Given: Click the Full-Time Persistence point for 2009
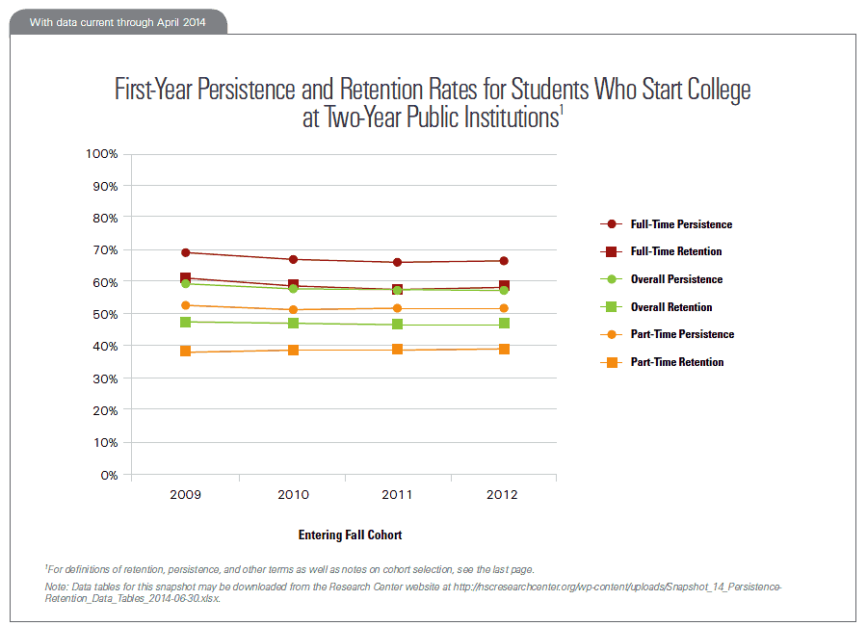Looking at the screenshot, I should click(x=185, y=252).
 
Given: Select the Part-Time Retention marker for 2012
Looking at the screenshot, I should click(x=503, y=349).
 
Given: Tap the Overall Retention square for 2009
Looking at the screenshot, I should click(x=185, y=322).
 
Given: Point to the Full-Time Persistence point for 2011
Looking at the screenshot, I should click(x=397, y=262).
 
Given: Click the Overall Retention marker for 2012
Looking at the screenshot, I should click(x=503, y=324).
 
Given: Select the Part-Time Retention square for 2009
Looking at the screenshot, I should click(x=185, y=352).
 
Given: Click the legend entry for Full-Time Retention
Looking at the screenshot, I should click(x=675, y=251).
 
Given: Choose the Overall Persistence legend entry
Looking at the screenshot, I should click(x=675, y=279).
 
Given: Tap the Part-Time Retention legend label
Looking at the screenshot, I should click(x=675, y=362).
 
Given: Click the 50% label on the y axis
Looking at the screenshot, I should click(x=104, y=314).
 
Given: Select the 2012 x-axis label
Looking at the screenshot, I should click(x=503, y=495).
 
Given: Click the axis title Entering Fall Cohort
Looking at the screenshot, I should click(x=350, y=535).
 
